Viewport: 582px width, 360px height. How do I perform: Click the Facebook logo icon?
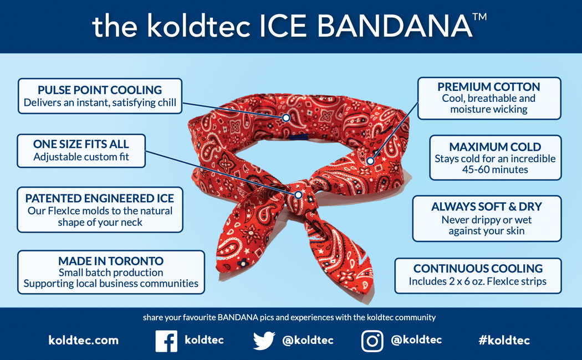pos(166,341)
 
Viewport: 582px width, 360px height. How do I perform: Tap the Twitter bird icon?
pos(264,341)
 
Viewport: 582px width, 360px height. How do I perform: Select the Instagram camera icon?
pos(372,341)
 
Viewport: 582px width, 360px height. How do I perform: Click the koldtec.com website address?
pos(84,340)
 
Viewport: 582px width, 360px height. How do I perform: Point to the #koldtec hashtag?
pos(504,340)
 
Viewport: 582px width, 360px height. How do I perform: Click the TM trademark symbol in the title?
pos(479,17)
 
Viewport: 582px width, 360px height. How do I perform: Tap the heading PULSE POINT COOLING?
pos(100,90)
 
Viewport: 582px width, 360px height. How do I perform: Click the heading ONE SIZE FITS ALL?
pos(81,144)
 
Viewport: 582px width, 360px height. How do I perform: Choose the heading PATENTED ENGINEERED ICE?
pos(99,198)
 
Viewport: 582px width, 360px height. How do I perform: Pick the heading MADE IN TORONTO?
pos(111,261)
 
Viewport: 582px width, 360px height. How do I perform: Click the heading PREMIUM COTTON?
pos(489,87)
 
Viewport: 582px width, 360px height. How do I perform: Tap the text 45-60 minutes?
pos(495,170)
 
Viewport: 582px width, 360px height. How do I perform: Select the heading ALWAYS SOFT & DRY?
pos(487,207)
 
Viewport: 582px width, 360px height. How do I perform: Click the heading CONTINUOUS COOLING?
pos(478,269)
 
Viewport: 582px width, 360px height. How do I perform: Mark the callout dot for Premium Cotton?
pos(370,161)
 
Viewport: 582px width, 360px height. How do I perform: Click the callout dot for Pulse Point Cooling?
pos(286,118)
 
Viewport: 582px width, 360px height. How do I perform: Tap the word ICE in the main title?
pos(283,26)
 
